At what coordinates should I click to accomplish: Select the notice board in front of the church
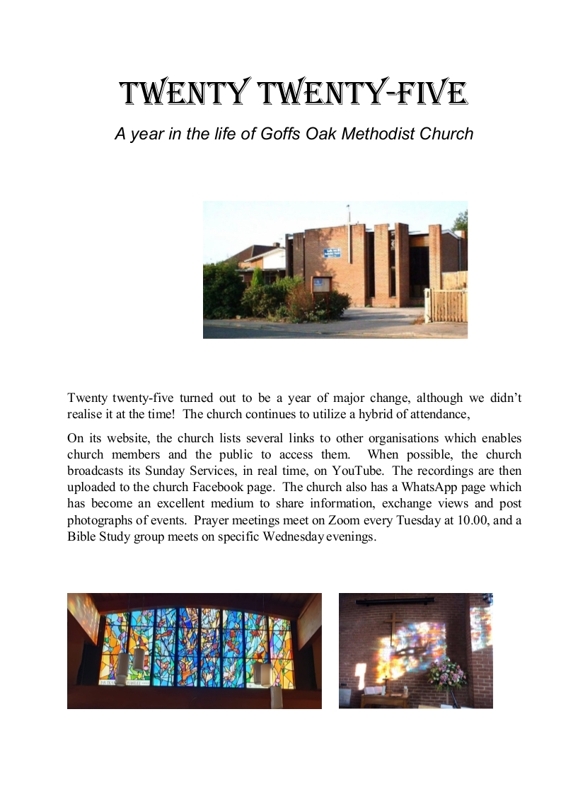coord(320,284)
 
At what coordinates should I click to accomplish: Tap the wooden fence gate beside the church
coord(446,304)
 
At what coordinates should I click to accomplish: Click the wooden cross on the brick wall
coord(393,629)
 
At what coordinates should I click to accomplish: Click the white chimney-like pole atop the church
coord(347,213)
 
